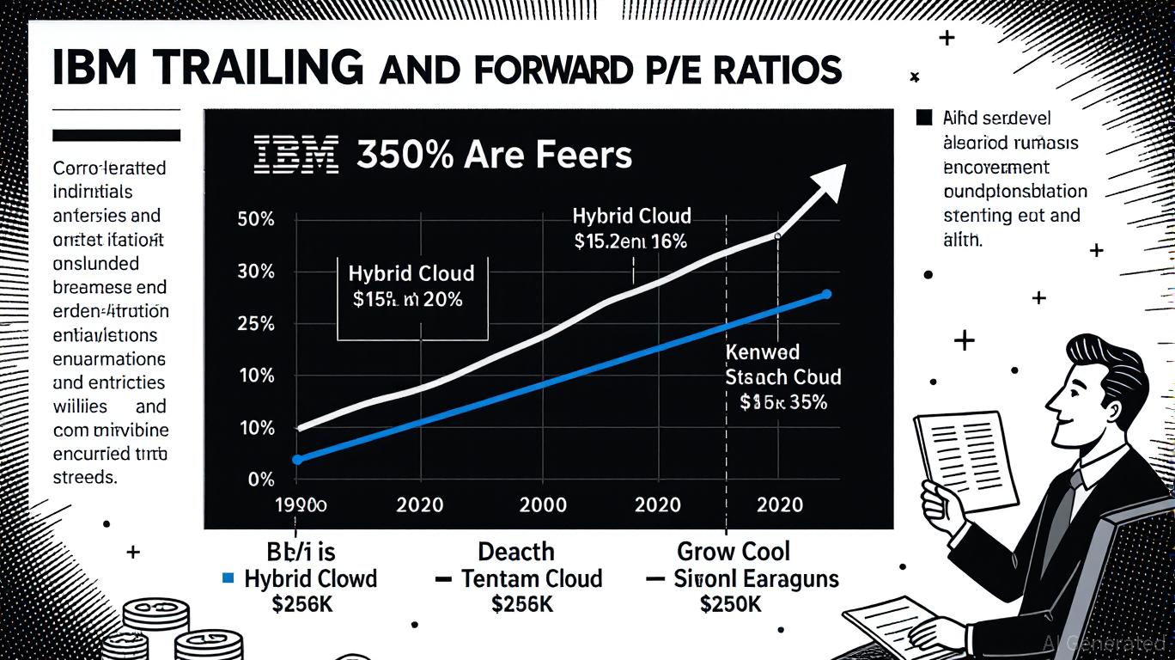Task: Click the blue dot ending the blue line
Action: click(x=826, y=294)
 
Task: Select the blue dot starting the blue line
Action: click(x=297, y=460)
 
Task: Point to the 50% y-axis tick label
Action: click(x=255, y=219)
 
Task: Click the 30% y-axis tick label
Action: click(x=255, y=272)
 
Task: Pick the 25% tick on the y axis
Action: click(x=255, y=324)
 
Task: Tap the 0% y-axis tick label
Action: click(x=260, y=480)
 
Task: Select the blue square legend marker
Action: click(x=228, y=578)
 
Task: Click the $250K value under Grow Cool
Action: click(x=730, y=604)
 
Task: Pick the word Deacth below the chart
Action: click(x=515, y=551)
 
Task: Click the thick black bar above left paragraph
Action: click(x=117, y=135)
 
